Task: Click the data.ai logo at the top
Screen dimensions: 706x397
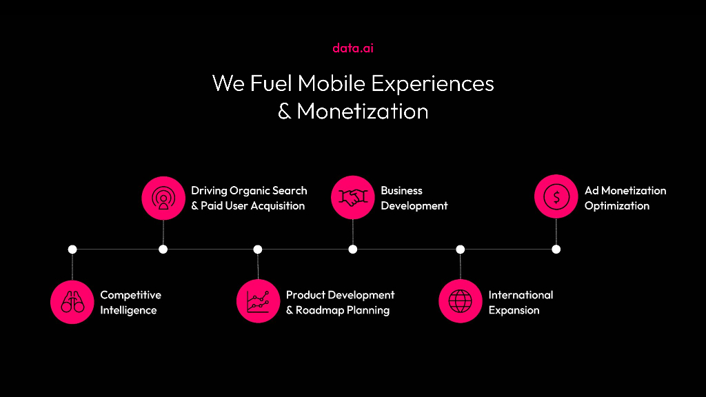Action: tap(353, 48)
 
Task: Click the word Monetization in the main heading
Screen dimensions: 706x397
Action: tap(363, 111)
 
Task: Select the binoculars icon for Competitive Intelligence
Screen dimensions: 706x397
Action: tap(72, 301)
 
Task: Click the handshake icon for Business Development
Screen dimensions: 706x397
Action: tap(353, 197)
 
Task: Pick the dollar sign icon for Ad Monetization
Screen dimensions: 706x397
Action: tap(556, 197)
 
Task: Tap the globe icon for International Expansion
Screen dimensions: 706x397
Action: tap(460, 301)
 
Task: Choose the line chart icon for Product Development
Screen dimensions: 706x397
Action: tap(258, 301)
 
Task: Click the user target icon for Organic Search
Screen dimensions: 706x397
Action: tap(163, 197)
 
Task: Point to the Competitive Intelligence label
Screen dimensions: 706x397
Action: tap(130, 303)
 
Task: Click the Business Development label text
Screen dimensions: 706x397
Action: tap(414, 198)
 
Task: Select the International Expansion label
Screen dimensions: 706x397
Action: tap(521, 303)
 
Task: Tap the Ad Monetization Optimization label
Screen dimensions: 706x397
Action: tap(625, 198)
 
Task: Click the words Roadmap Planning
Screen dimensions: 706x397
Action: tap(343, 310)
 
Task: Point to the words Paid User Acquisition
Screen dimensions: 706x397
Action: tap(252, 205)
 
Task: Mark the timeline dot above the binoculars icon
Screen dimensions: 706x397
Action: tap(72, 249)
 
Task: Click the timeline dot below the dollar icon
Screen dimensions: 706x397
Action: tap(556, 249)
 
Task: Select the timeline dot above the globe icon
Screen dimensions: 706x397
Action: tap(461, 249)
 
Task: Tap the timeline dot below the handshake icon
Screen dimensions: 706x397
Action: tap(353, 249)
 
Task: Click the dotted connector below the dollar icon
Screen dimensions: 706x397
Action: tap(556, 232)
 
